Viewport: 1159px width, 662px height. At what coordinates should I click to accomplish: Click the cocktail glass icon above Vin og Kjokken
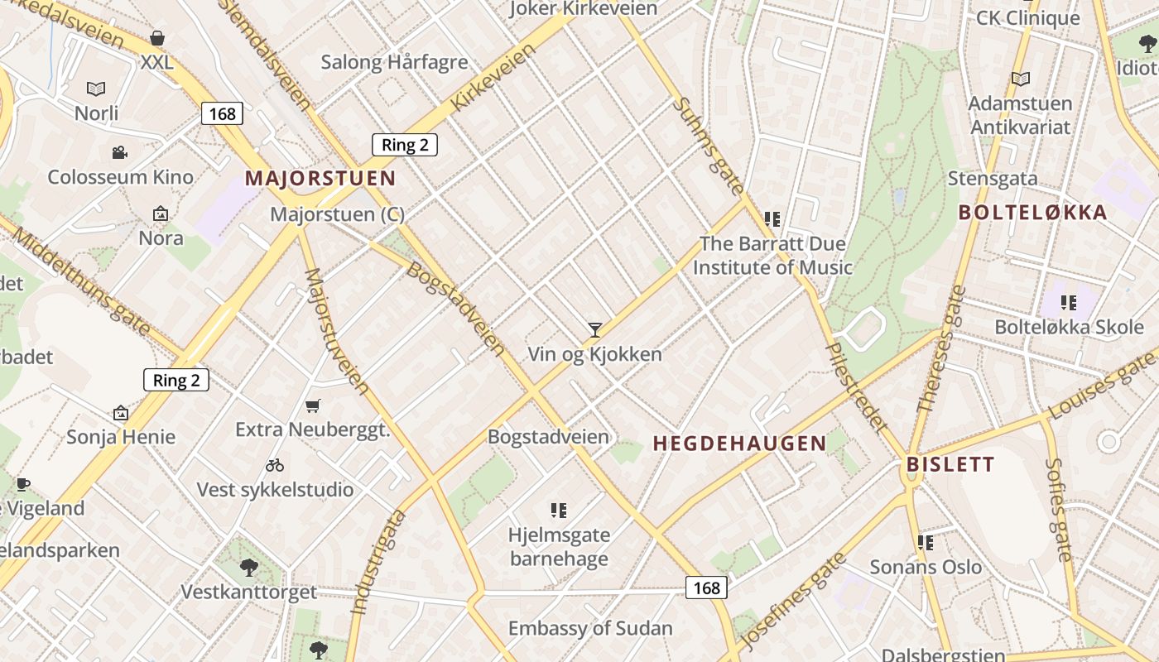[x=594, y=330]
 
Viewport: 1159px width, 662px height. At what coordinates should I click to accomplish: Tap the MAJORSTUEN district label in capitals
[x=320, y=178]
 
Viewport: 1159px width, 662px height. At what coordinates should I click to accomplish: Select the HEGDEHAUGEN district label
[x=739, y=444]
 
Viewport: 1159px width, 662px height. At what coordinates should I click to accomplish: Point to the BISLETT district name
[x=950, y=464]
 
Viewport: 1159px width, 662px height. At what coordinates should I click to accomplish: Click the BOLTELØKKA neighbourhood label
[x=1032, y=213]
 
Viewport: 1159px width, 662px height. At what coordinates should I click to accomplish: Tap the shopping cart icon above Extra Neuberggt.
[x=312, y=405]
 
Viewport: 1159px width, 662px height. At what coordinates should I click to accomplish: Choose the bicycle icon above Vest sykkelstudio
[x=275, y=465]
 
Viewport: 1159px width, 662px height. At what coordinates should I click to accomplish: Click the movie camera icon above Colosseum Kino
[x=120, y=152]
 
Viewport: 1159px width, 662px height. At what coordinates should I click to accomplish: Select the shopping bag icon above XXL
[x=157, y=38]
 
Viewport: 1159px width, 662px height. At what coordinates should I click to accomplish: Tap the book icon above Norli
[x=97, y=89]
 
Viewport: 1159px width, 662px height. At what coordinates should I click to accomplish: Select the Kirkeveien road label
[x=493, y=78]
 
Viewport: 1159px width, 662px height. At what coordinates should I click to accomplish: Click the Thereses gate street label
[x=942, y=349]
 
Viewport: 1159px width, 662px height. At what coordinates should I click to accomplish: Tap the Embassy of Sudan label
[x=590, y=628]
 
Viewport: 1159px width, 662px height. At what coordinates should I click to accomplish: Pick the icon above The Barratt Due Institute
[x=772, y=219]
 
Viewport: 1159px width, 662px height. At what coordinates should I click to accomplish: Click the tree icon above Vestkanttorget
[x=248, y=568]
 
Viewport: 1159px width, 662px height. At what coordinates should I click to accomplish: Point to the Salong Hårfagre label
[x=394, y=62]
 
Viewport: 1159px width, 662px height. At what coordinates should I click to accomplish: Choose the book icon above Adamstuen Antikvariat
[x=1021, y=79]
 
